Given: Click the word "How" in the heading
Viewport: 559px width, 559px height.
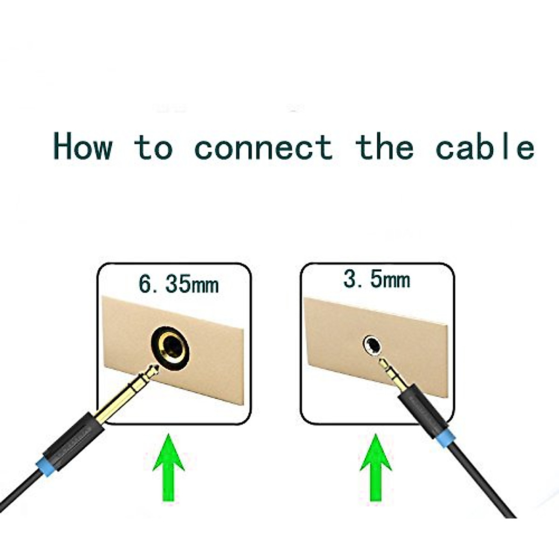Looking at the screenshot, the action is [83, 147].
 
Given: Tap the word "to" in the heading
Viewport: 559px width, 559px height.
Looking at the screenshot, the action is [153, 148].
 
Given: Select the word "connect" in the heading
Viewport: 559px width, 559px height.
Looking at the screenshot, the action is [263, 148].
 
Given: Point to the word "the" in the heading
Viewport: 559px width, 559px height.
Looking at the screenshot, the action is [384, 147].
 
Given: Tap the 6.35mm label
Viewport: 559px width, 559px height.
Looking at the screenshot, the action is [178, 284].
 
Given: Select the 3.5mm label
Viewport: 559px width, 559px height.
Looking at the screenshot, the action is [376, 279].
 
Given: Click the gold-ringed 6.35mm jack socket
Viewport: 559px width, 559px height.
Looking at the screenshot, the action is [170, 345].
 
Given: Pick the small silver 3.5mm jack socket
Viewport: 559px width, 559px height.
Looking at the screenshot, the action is [373, 345].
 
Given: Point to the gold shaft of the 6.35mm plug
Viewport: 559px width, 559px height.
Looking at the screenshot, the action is [119, 401].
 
